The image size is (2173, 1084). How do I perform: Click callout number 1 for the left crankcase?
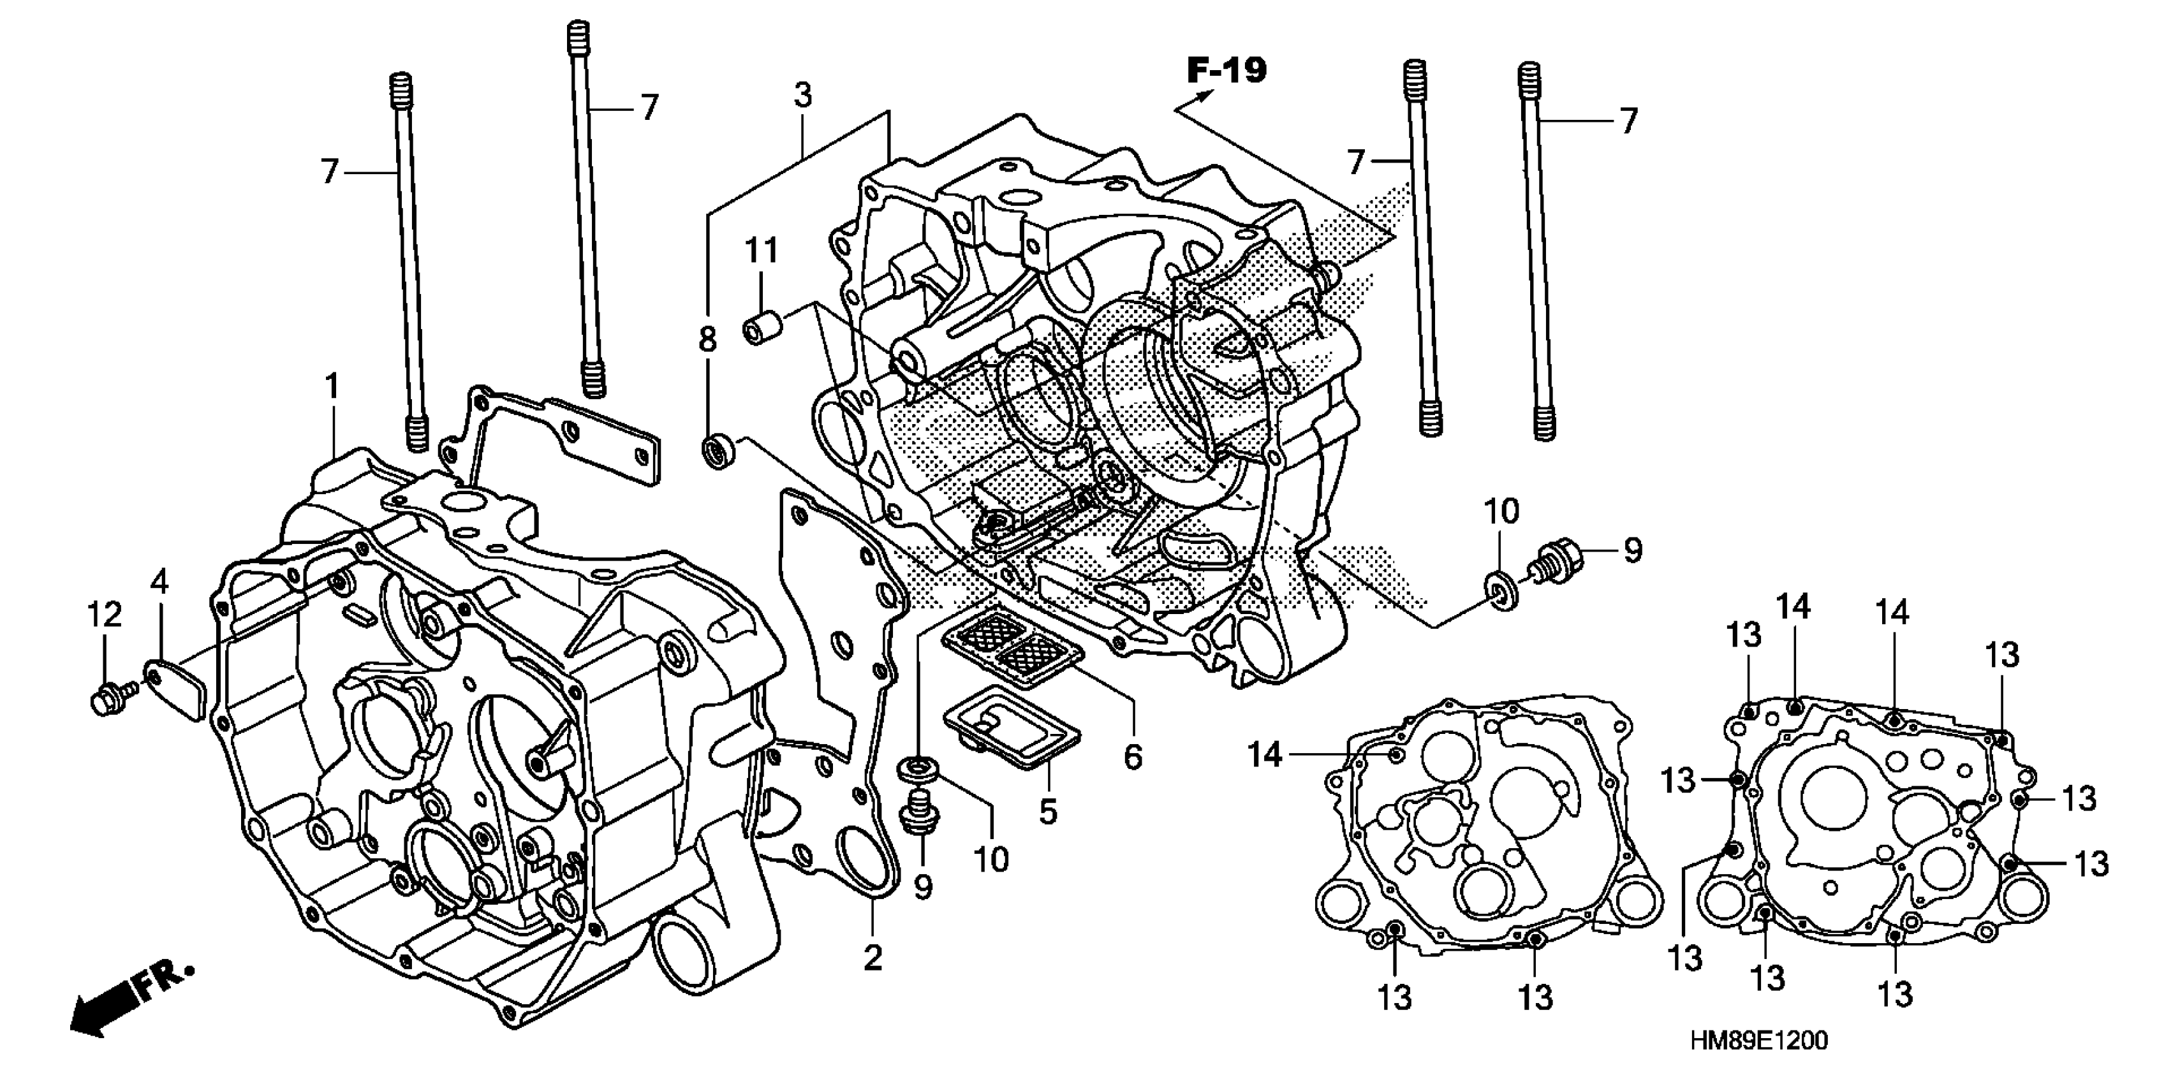(x=332, y=387)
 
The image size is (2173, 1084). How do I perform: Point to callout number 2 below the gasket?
(x=873, y=958)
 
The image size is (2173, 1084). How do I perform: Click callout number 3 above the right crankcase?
(x=802, y=95)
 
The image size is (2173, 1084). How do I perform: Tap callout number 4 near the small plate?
(x=159, y=582)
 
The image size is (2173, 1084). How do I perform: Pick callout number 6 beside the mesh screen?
(x=1132, y=757)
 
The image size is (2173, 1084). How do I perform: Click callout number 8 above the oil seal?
(x=707, y=339)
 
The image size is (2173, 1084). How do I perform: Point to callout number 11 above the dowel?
(x=761, y=251)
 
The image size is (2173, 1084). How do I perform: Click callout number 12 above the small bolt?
(x=105, y=615)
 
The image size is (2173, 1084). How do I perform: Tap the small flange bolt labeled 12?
(x=107, y=698)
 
